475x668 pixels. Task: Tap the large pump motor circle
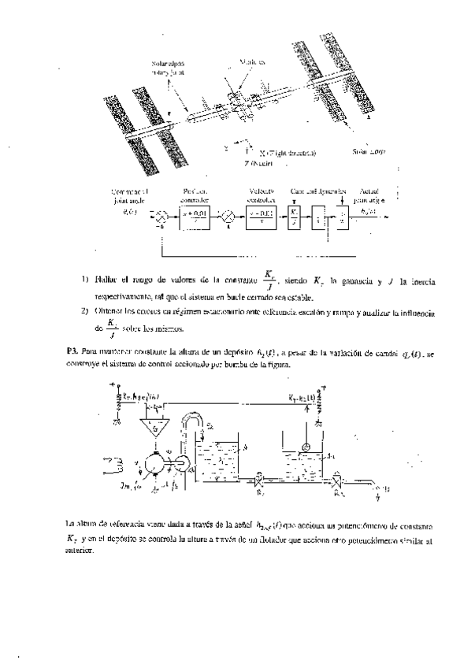click(157, 465)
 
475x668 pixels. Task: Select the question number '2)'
click(85, 312)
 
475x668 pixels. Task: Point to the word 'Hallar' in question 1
click(106, 280)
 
